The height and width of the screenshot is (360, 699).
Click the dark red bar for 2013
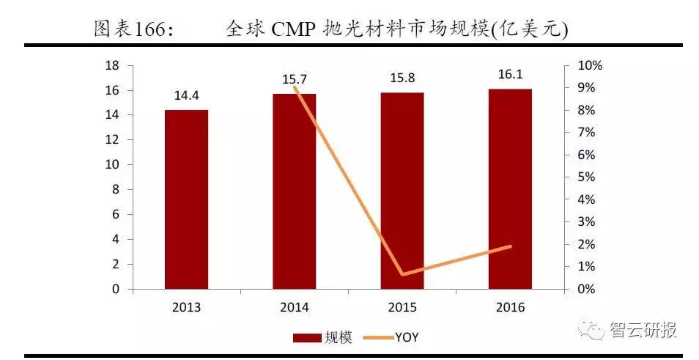coord(186,199)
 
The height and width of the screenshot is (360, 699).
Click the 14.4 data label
coord(186,96)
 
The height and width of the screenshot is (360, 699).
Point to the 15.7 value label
coord(295,79)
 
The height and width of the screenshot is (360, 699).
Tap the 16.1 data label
coord(510,76)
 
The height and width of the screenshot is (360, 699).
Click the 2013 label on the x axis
coord(186,308)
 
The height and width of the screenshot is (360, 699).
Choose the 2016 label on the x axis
coord(510,308)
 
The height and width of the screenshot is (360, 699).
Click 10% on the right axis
coord(589,65)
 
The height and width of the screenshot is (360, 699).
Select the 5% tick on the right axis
coord(586,177)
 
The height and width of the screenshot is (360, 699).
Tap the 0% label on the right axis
coord(586,289)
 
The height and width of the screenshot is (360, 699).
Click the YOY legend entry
coord(407,337)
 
